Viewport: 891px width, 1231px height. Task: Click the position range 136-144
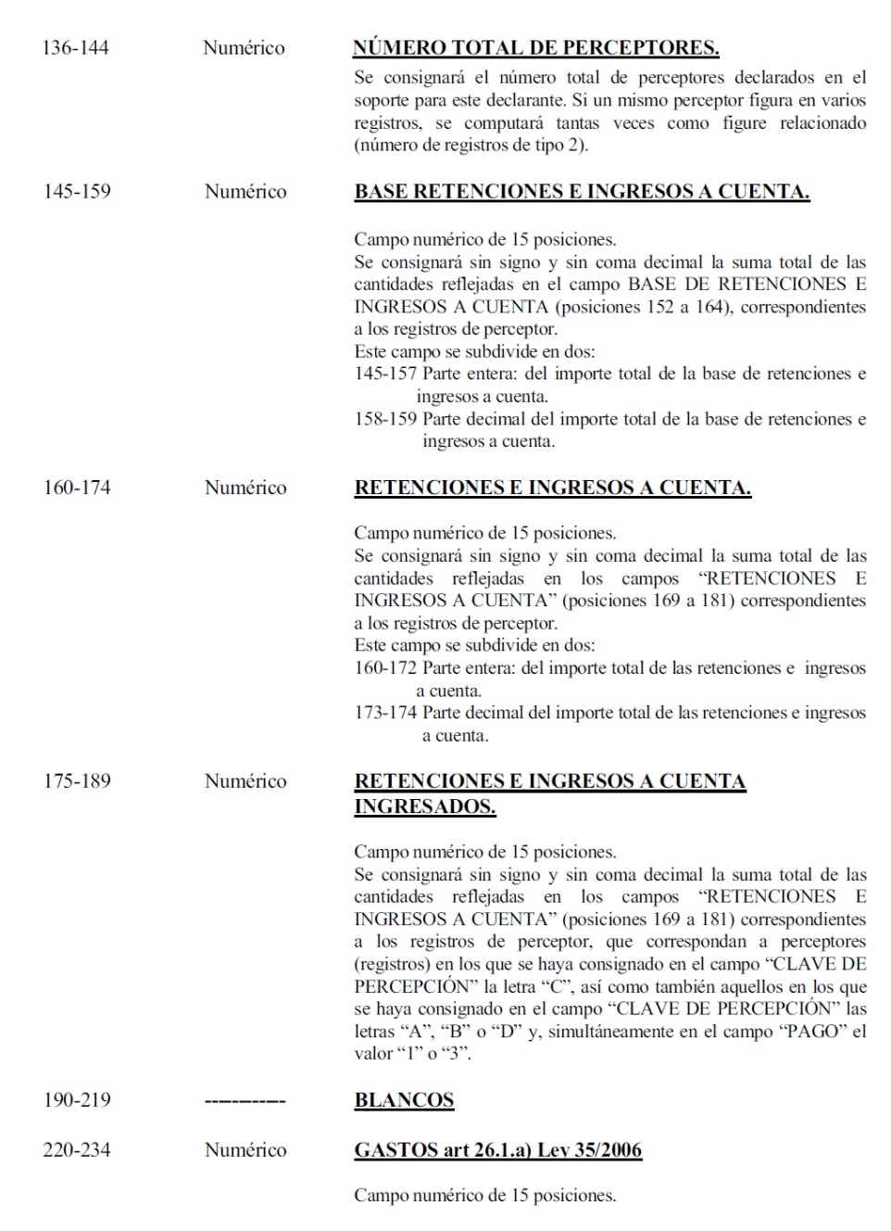(x=75, y=47)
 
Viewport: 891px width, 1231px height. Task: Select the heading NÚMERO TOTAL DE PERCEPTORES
(x=535, y=47)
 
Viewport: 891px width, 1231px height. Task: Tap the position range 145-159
(x=77, y=191)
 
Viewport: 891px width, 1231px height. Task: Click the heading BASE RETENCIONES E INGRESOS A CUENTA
(x=582, y=191)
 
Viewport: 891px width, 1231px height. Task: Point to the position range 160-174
(x=77, y=487)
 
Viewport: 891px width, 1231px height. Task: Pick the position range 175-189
(x=77, y=780)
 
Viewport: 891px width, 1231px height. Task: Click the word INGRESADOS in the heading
(x=424, y=806)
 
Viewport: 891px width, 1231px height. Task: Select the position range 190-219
(x=77, y=1099)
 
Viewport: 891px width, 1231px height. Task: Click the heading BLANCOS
(x=404, y=1099)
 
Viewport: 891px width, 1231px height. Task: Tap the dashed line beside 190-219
(x=245, y=1101)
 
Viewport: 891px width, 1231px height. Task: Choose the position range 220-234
(x=77, y=1149)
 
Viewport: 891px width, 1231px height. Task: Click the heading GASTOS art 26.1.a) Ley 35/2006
(x=497, y=1149)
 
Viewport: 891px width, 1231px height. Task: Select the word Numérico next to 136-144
(x=244, y=47)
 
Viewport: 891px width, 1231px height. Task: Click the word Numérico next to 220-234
(x=245, y=1149)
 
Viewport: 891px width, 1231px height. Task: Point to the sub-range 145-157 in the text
(x=385, y=374)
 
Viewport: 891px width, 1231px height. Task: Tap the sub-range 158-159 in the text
(x=385, y=419)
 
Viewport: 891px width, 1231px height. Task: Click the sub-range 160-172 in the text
(x=385, y=667)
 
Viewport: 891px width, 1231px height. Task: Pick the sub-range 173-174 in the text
(x=385, y=713)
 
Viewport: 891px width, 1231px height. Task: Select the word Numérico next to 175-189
(x=245, y=780)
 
